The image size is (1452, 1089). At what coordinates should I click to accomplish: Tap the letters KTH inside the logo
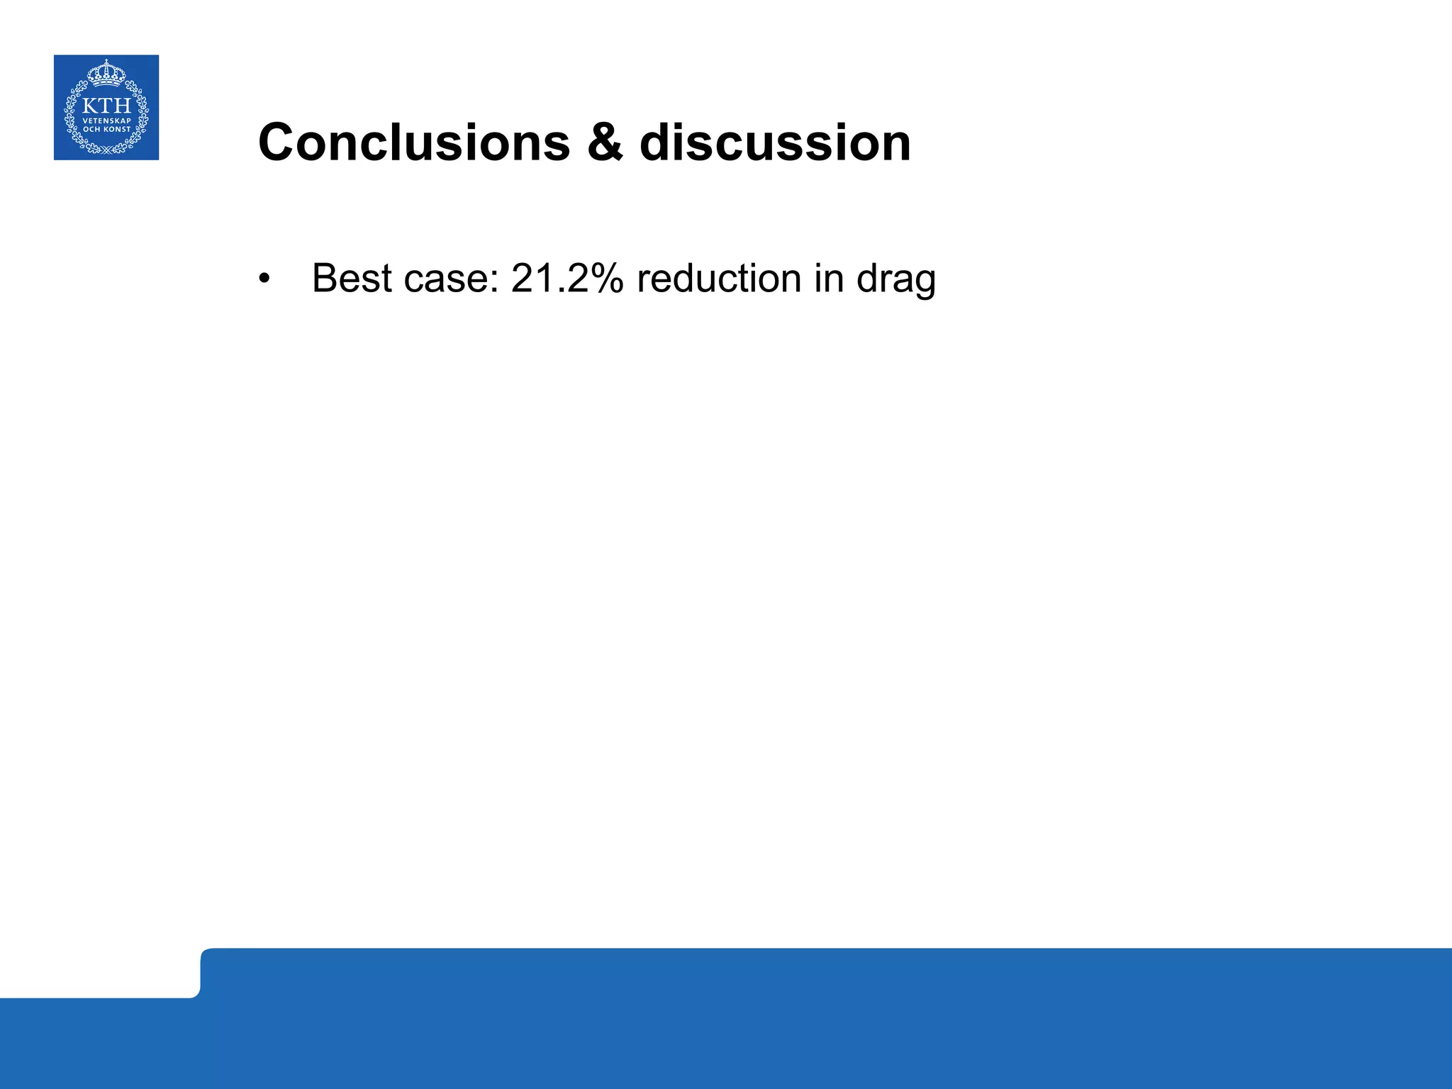[x=106, y=106]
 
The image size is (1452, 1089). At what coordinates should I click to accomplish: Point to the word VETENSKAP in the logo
[x=106, y=121]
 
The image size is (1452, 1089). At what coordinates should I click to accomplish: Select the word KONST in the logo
[x=117, y=129]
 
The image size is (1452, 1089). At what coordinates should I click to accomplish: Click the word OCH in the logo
[x=91, y=129]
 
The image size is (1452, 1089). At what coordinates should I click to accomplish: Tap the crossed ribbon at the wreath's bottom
[x=106, y=150]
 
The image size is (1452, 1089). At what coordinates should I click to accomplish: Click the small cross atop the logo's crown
[x=106, y=62]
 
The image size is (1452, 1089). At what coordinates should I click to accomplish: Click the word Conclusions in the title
[x=414, y=143]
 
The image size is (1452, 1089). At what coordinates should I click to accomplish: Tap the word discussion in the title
[x=775, y=143]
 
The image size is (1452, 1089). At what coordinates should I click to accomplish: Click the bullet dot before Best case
[x=264, y=279]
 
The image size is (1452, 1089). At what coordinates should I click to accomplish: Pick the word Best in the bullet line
[x=352, y=278]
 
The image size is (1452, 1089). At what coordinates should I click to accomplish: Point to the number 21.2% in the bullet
[x=566, y=278]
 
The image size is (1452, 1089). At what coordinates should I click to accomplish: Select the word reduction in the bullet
[x=719, y=278]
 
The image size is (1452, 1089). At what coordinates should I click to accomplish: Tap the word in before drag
[x=828, y=278]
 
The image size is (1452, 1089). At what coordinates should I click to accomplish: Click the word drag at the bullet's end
[x=896, y=279]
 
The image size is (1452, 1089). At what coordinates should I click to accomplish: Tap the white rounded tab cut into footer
[x=99, y=972]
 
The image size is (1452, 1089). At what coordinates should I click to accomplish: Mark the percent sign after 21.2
[x=607, y=278]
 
